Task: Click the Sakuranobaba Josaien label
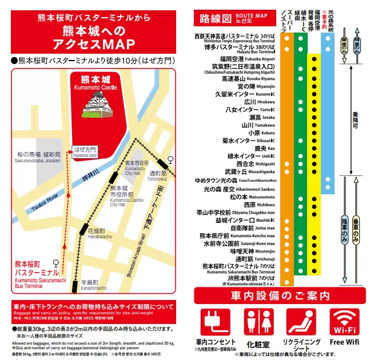[39, 158]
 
